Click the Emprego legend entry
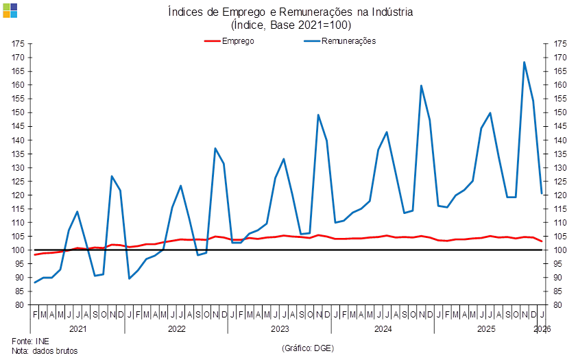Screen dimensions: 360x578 pyautogui.click(x=237, y=40)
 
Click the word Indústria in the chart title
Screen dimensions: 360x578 pyautogui.click(x=392, y=12)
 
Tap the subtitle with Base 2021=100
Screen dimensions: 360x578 pyautogui.click(x=291, y=25)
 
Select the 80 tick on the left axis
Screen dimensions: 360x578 pyautogui.click(x=21, y=305)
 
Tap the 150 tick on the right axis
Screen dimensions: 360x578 pyautogui.click(x=560, y=112)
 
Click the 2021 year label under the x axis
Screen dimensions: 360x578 pyautogui.click(x=77, y=329)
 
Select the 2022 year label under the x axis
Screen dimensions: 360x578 pyautogui.click(x=177, y=329)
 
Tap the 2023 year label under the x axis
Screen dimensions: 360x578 pyautogui.click(x=280, y=329)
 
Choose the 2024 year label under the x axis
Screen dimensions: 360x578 pyautogui.click(x=383, y=329)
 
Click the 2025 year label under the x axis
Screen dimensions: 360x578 pyautogui.click(x=486, y=329)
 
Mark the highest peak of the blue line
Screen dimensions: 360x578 pyautogui.click(x=525, y=62)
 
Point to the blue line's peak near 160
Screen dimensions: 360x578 pyautogui.click(x=421, y=86)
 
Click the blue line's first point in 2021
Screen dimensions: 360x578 pyautogui.click(x=35, y=283)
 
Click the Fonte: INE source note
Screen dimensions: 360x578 pyautogui.click(x=31, y=340)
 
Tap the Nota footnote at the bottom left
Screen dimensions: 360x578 pyautogui.click(x=45, y=350)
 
